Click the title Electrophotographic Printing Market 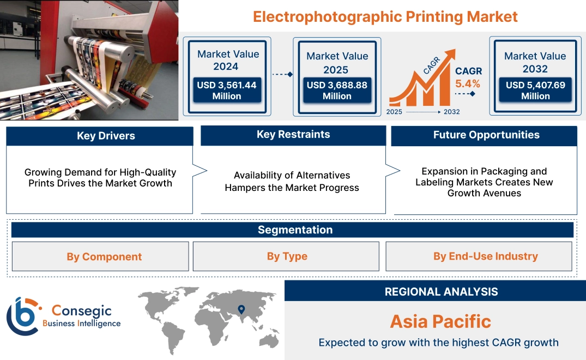coord(385,16)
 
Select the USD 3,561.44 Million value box coord(226,91)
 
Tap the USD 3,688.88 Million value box coord(337,91)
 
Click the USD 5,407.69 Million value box coord(535,91)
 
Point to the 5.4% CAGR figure coord(468,83)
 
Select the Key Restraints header coord(293,135)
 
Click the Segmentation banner coord(295,230)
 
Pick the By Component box coord(104,256)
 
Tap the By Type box coord(287,256)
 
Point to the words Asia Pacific coord(440,321)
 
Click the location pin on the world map coord(240,310)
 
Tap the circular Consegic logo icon coord(23,316)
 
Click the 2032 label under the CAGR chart coord(451,112)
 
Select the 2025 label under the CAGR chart coord(395,112)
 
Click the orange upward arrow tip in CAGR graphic coord(452,53)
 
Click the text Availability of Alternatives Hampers coord(292,182)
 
